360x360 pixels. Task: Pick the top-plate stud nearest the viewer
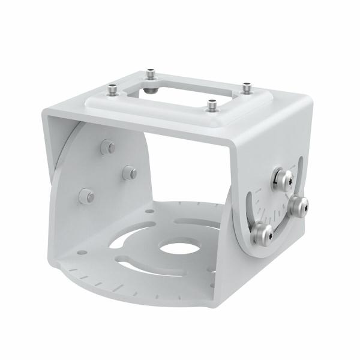click(x=211, y=105)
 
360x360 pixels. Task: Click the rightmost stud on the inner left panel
click(x=128, y=172)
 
